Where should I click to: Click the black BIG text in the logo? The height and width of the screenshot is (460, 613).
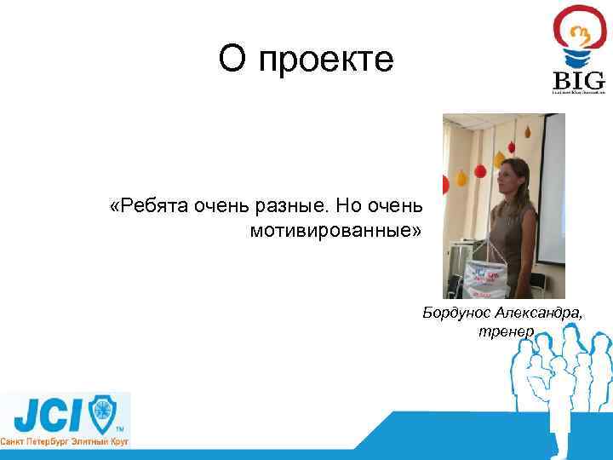tap(579, 81)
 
